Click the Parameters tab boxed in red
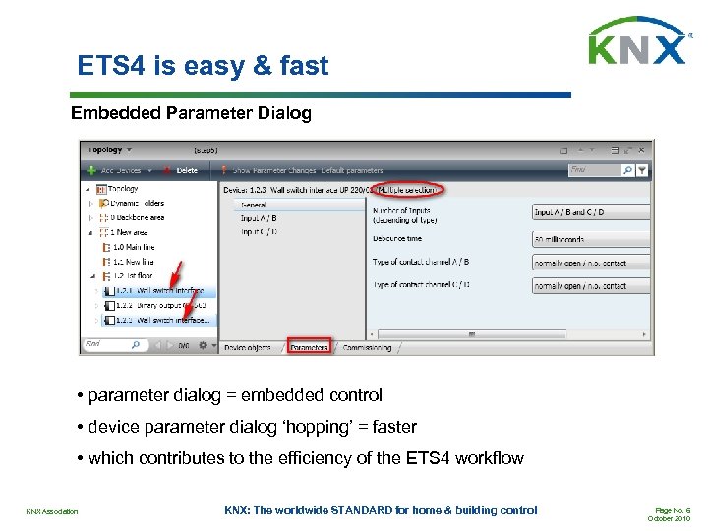(x=309, y=347)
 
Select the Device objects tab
(x=249, y=347)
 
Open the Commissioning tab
(x=366, y=347)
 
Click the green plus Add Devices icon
(x=91, y=170)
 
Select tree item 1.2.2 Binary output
(x=156, y=305)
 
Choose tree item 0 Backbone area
(x=137, y=217)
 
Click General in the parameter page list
(x=254, y=205)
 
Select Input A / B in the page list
(x=259, y=217)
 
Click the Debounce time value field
(x=590, y=239)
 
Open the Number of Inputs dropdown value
(x=590, y=212)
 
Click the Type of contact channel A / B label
(x=421, y=262)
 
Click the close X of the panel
(x=640, y=150)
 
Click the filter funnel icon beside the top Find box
(x=642, y=170)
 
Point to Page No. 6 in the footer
(x=674, y=509)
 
